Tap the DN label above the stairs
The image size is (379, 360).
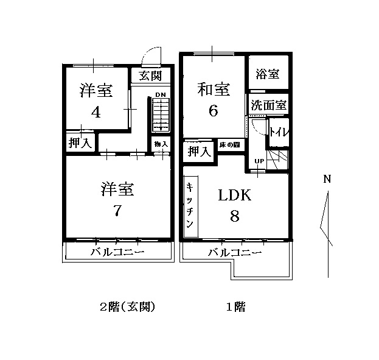click(x=160, y=95)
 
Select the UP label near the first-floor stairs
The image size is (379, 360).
click(x=259, y=161)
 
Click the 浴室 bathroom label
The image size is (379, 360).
click(x=268, y=74)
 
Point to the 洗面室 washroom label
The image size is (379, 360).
click(x=268, y=105)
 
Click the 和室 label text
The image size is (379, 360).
click(x=214, y=90)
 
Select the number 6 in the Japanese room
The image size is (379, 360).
click(x=213, y=111)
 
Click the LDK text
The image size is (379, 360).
click(x=234, y=196)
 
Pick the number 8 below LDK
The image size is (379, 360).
click(x=234, y=216)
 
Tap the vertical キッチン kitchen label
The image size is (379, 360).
click(x=190, y=206)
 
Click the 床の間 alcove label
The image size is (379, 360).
click(x=229, y=146)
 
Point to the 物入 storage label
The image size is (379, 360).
click(x=161, y=144)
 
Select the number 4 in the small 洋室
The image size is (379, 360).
click(x=96, y=112)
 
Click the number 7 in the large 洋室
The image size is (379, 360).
click(x=117, y=211)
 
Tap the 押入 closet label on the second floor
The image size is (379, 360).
click(x=80, y=143)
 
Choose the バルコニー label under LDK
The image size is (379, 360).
click(x=235, y=252)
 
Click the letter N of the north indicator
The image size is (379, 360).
click(x=327, y=179)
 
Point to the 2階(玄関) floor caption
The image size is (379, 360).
click(x=128, y=307)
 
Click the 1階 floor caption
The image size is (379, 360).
click(x=235, y=307)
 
